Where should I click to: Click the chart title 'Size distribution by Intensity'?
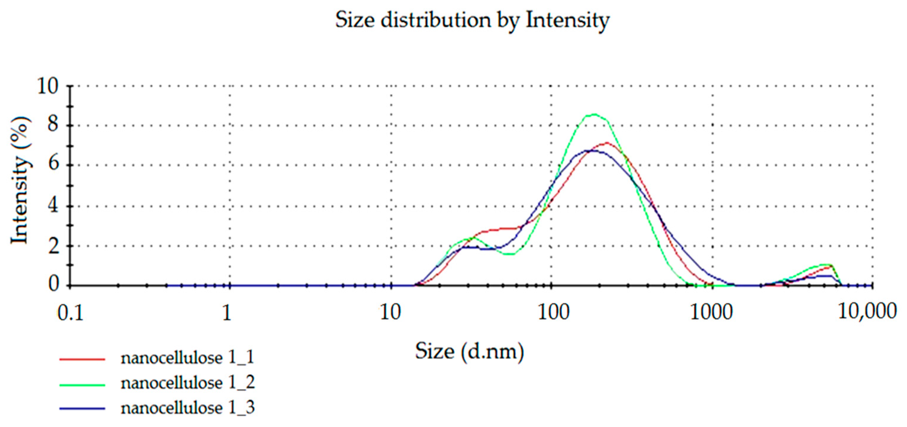(472, 20)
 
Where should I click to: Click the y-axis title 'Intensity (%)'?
(20, 180)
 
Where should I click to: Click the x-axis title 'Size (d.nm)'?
(469, 351)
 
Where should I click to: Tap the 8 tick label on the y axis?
(53, 125)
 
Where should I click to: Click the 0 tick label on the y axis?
(53, 284)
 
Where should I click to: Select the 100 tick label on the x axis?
(553, 312)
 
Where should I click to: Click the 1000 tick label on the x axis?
(711, 312)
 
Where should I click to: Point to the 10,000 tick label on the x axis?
(866, 312)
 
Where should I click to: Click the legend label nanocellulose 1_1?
(187, 358)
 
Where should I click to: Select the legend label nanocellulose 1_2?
(187, 383)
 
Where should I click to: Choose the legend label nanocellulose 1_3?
(187, 408)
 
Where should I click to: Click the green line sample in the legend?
(82, 385)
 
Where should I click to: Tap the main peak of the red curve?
(607, 143)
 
